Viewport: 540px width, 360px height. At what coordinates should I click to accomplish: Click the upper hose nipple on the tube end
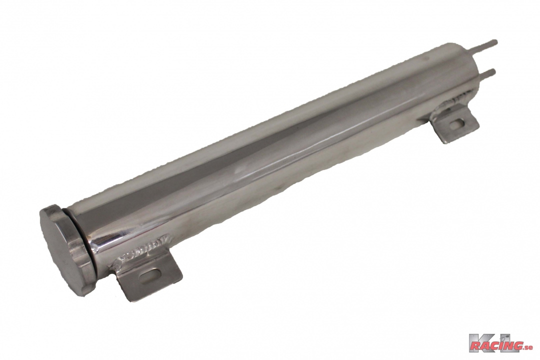click(x=487, y=45)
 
